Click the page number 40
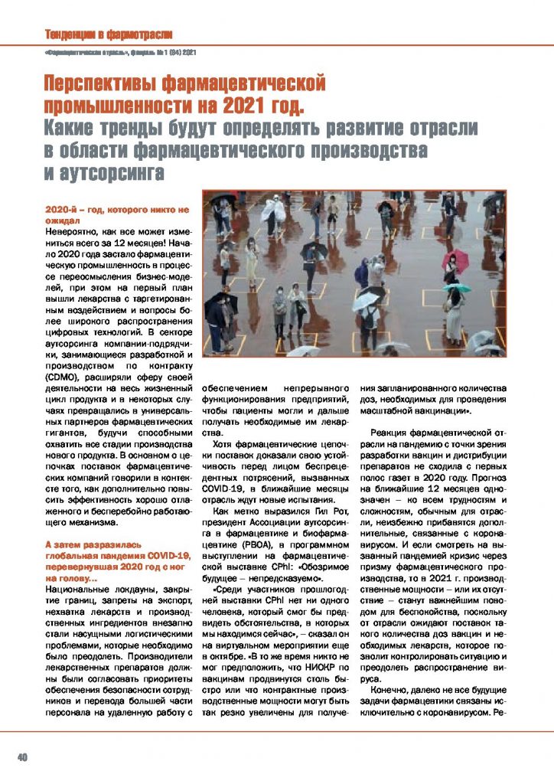pyautogui.click(x=23, y=757)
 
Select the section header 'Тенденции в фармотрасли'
pyautogui.click(x=108, y=34)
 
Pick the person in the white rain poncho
pyautogui.click(x=273, y=211)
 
